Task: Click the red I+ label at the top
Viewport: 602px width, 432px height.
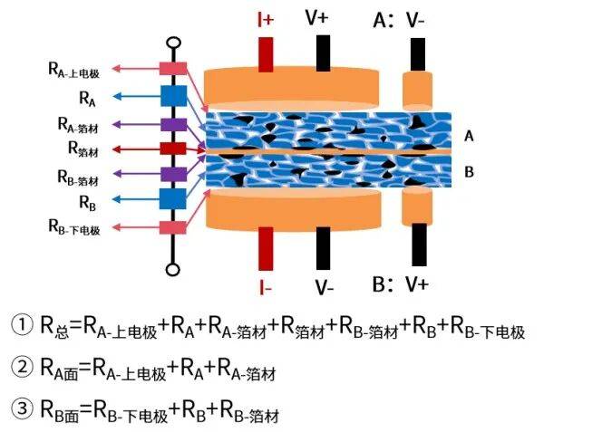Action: [266, 19]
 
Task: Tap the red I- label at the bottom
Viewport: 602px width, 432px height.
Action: [266, 286]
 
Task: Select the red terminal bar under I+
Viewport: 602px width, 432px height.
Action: [266, 54]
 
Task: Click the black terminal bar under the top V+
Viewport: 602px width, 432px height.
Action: [324, 53]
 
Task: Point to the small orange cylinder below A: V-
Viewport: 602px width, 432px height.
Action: [417, 91]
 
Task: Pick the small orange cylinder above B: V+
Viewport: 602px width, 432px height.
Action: [417, 206]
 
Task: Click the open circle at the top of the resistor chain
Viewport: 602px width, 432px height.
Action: [173, 43]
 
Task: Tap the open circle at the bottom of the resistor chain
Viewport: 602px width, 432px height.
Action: [173, 270]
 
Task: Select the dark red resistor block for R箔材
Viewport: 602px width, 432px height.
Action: [173, 149]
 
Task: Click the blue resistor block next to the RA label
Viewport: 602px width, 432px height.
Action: [173, 96]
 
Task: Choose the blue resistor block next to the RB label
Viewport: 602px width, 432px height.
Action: [173, 198]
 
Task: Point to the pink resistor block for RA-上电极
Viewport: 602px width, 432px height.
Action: [173, 69]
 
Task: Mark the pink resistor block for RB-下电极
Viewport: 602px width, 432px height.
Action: [173, 227]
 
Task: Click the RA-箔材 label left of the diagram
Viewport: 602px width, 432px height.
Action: [78, 125]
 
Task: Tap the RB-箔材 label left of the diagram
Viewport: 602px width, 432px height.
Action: [78, 178]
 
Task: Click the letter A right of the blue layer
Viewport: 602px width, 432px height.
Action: [469, 136]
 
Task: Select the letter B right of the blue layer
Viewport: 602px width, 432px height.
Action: [469, 171]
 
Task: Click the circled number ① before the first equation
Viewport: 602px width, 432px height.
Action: [22, 324]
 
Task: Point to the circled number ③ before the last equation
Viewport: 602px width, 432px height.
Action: [22, 408]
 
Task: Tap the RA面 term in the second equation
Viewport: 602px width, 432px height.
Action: [59, 369]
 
